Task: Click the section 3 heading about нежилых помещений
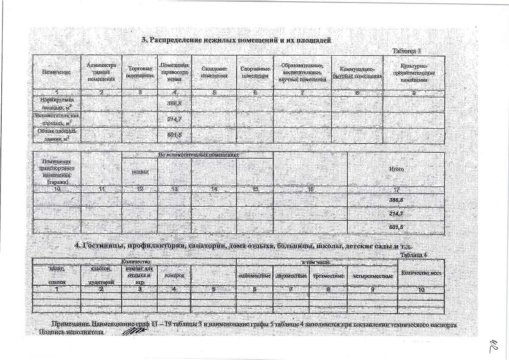(x=236, y=40)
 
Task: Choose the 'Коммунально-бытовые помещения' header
(x=357, y=72)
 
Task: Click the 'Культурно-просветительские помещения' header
(x=414, y=72)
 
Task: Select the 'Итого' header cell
(x=396, y=169)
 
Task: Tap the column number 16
(x=310, y=189)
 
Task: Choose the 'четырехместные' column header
(x=372, y=276)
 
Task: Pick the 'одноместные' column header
(x=255, y=276)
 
